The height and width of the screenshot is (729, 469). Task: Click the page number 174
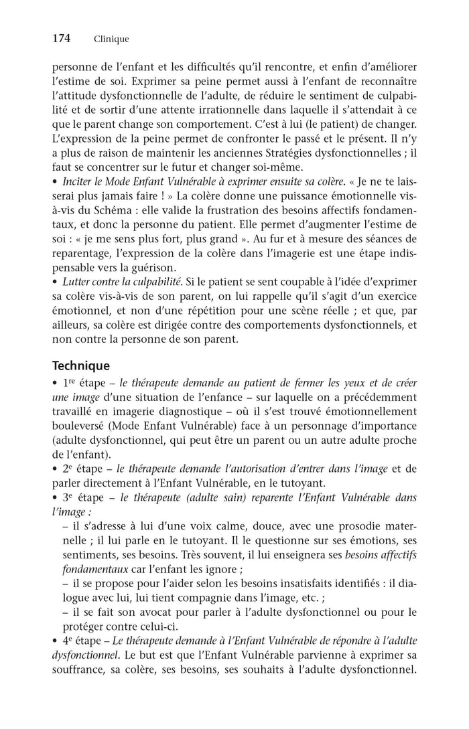coord(62,39)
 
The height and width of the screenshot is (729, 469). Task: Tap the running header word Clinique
coord(111,39)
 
